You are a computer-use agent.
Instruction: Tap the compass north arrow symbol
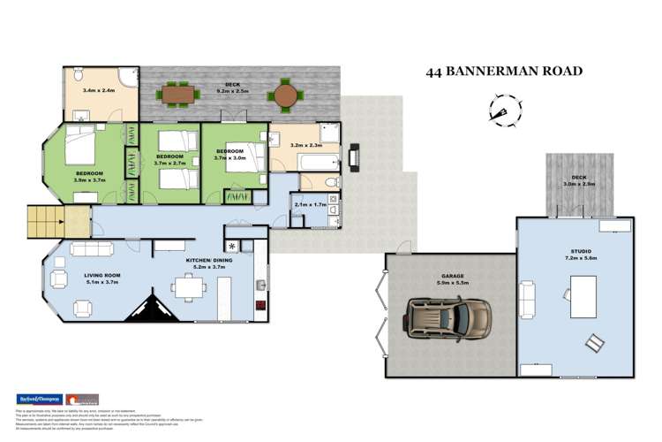pos(500,110)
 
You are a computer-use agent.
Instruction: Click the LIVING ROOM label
pos(102,276)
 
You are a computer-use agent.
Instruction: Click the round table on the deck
pos(285,93)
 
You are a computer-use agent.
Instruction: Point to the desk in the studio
pos(583,290)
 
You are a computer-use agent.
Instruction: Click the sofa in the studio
pos(528,293)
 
